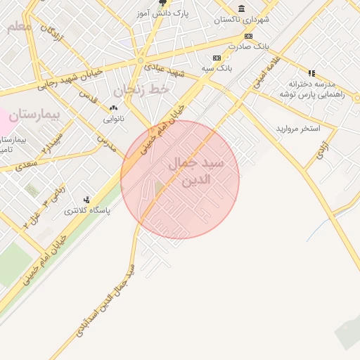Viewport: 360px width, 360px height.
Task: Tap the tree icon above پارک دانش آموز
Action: [x=162, y=3]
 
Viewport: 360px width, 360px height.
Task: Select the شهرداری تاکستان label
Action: [x=243, y=19]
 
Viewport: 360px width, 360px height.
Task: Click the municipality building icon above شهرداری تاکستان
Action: [x=242, y=8]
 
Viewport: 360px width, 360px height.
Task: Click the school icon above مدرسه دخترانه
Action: [x=311, y=72]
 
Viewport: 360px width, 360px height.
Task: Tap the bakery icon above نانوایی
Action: [x=113, y=108]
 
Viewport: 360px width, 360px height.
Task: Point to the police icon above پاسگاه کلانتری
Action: [x=86, y=200]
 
